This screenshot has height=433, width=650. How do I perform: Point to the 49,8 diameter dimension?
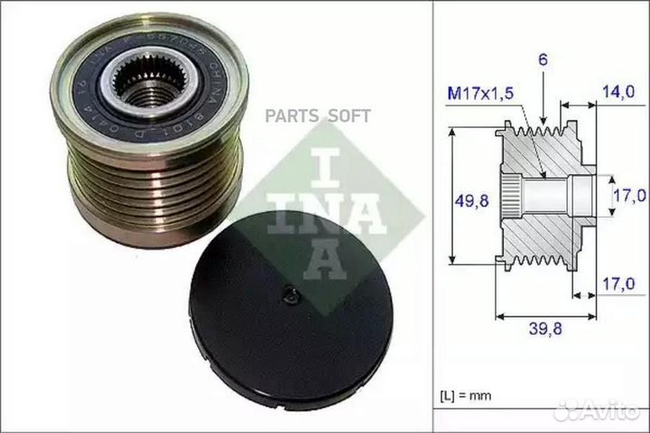pyautogui.click(x=467, y=201)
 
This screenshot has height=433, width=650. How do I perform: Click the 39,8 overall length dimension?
pyautogui.click(x=544, y=330)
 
